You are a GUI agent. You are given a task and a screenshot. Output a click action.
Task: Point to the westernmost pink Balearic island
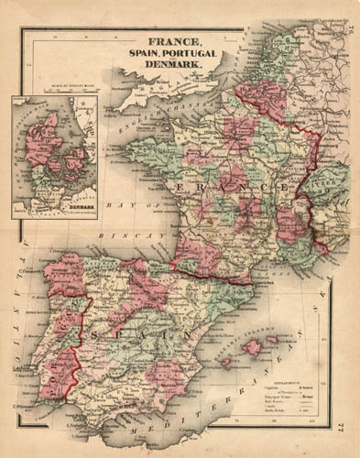click(x=226, y=362)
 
